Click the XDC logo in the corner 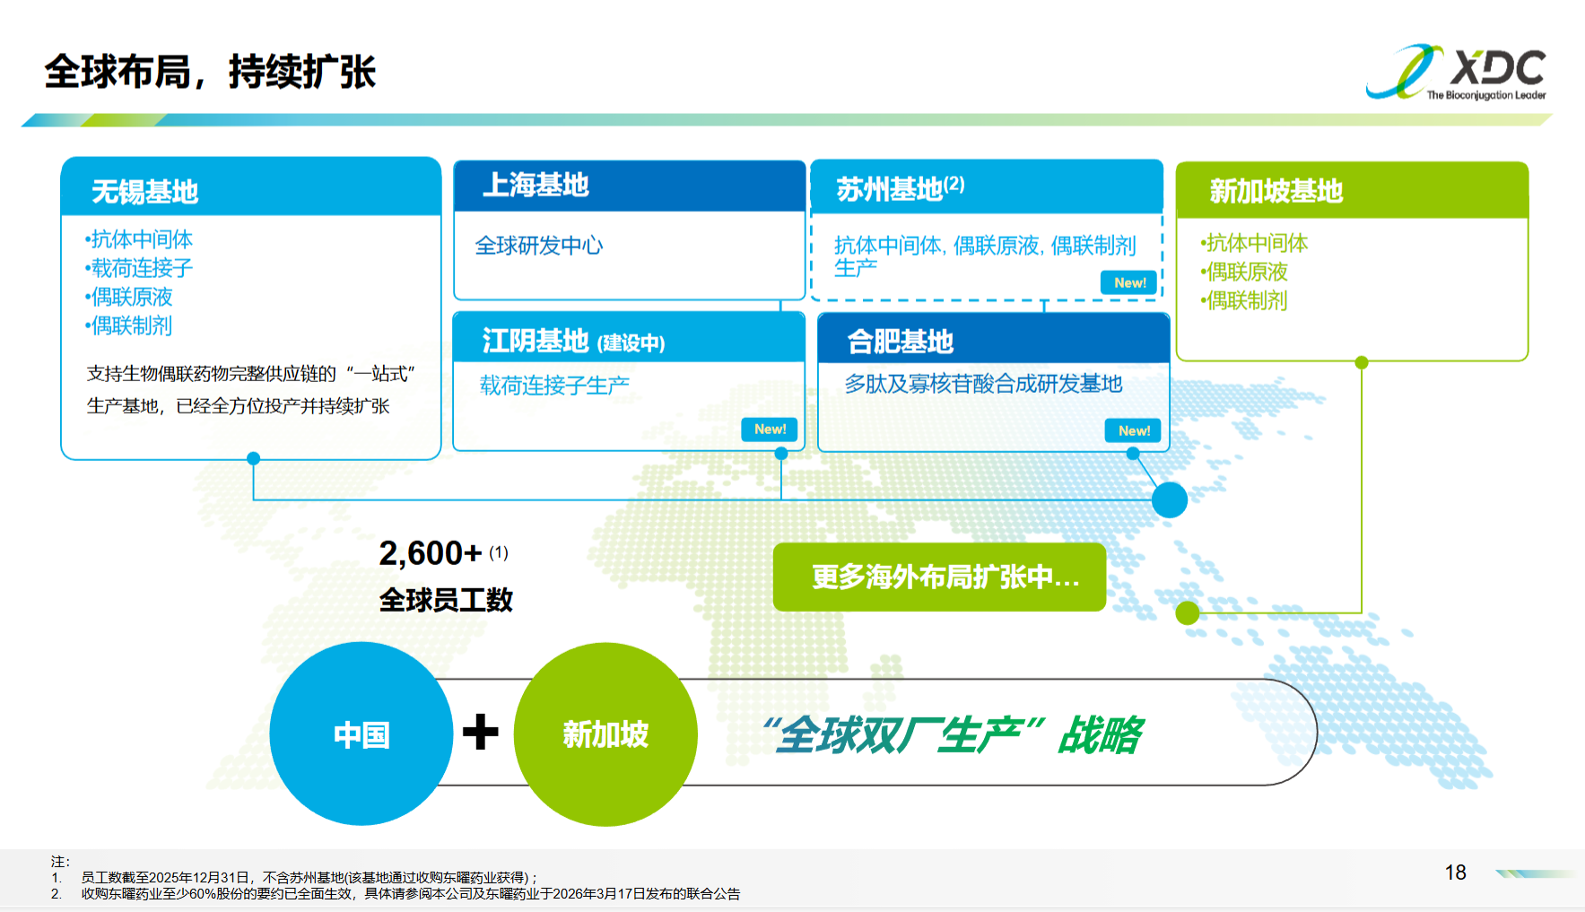click(1456, 72)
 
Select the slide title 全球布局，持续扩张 click(210, 72)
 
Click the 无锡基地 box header click(251, 187)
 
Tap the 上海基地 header click(630, 186)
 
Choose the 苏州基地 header click(987, 187)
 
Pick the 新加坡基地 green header click(1352, 190)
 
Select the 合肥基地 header click(994, 339)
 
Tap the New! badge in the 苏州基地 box click(1129, 282)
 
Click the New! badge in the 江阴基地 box click(770, 430)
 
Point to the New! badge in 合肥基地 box click(1134, 430)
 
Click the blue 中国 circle click(361, 734)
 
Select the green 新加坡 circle click(605, 734)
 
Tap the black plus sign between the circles click(481, 732)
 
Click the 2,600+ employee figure click(431, 553)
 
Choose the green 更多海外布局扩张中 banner click(939, 577)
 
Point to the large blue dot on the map click(1170, 499)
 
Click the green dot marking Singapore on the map click(1188, 613)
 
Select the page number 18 click(1455, 873)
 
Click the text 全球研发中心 click(539, 246)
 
